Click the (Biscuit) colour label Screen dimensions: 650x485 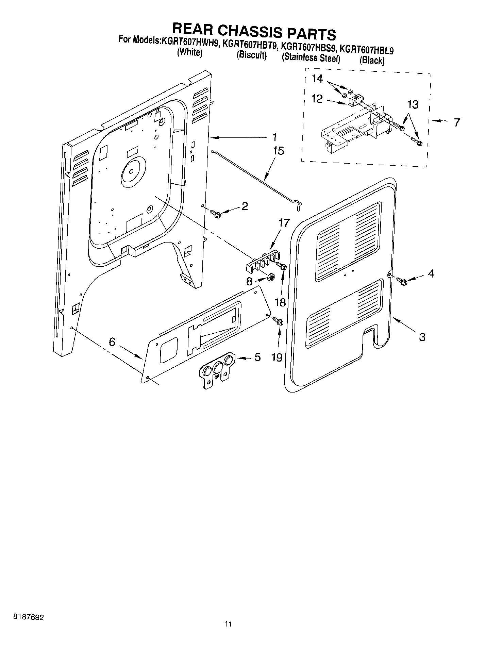coord(251,55)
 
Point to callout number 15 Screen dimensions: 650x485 coord(278,151)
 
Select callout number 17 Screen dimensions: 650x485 coord(284,223)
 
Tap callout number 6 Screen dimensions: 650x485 coord(112,342)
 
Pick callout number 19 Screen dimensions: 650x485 coord(277,357)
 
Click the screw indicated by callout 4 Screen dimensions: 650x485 coord(401,281)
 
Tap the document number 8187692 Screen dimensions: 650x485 coord(29,616)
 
